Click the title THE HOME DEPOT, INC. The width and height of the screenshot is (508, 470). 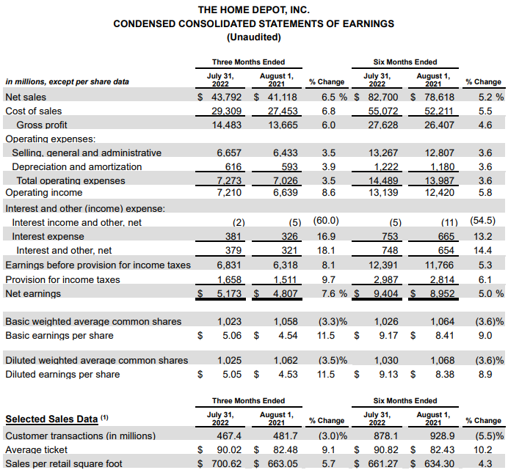(253, 10)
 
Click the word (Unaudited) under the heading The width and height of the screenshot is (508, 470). (253, 36)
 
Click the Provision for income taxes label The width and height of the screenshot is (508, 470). (62, 279)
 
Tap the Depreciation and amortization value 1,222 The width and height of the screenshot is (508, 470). (384, 167)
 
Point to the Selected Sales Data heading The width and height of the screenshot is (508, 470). (51, 419)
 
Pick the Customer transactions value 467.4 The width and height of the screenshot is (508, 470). (231, 435)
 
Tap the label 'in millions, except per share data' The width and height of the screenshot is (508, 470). (67, 82)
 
